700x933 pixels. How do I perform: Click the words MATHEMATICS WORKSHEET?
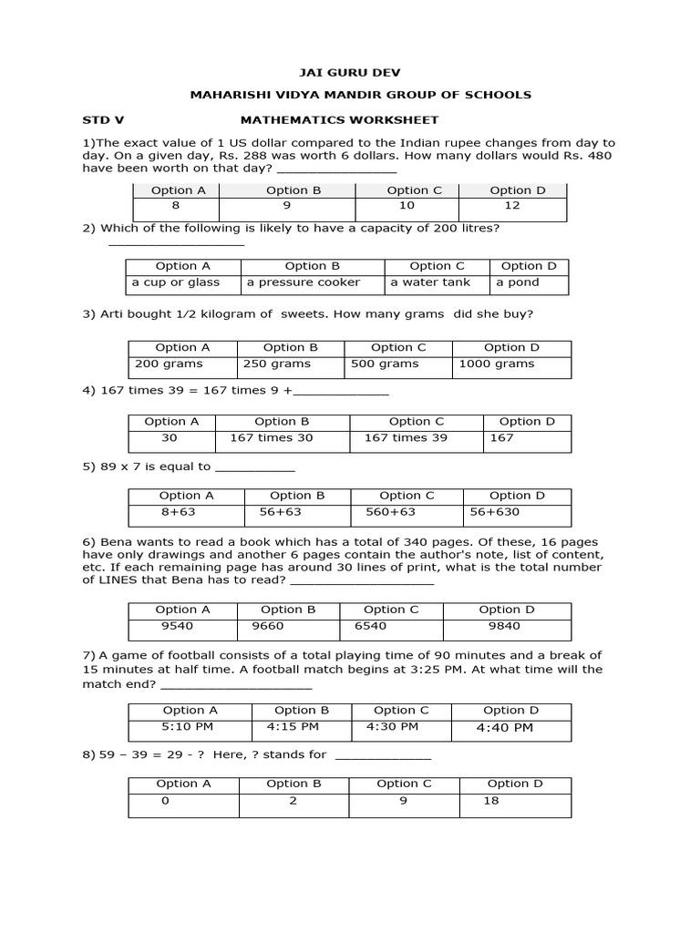coord(339,119)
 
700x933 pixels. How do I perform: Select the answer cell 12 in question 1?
coord(511,206)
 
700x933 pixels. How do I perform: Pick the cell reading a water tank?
coord(430,282)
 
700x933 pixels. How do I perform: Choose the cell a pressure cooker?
coord(304,282)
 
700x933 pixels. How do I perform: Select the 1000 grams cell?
coord(497,364)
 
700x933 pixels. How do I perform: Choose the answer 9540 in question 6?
coord(177,626)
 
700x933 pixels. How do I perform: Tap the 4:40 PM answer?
coord(504,727)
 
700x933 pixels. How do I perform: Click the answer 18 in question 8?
coord(491,801)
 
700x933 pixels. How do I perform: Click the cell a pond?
coord(518,282)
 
